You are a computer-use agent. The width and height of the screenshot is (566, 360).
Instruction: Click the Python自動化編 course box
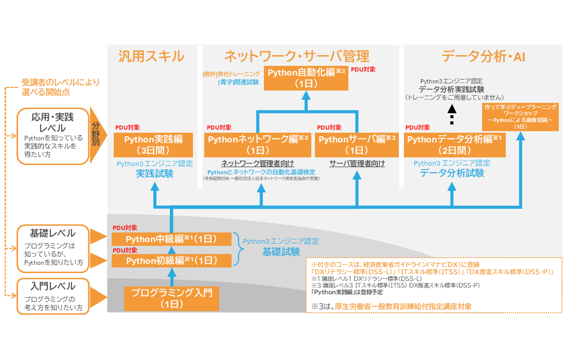click(306, 78)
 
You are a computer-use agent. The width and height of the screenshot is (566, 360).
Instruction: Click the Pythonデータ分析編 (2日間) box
click(455, 145)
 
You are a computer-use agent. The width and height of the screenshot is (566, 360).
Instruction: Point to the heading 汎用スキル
click(151, 56)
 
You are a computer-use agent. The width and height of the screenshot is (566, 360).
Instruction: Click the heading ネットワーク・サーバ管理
click(296, 56)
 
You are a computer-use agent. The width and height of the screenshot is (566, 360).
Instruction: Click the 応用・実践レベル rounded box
click(50, 136)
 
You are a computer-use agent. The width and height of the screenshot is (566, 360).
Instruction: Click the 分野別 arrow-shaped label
click(97, 135)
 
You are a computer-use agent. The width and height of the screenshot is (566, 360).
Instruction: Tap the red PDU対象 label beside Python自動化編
click(363, 69)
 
